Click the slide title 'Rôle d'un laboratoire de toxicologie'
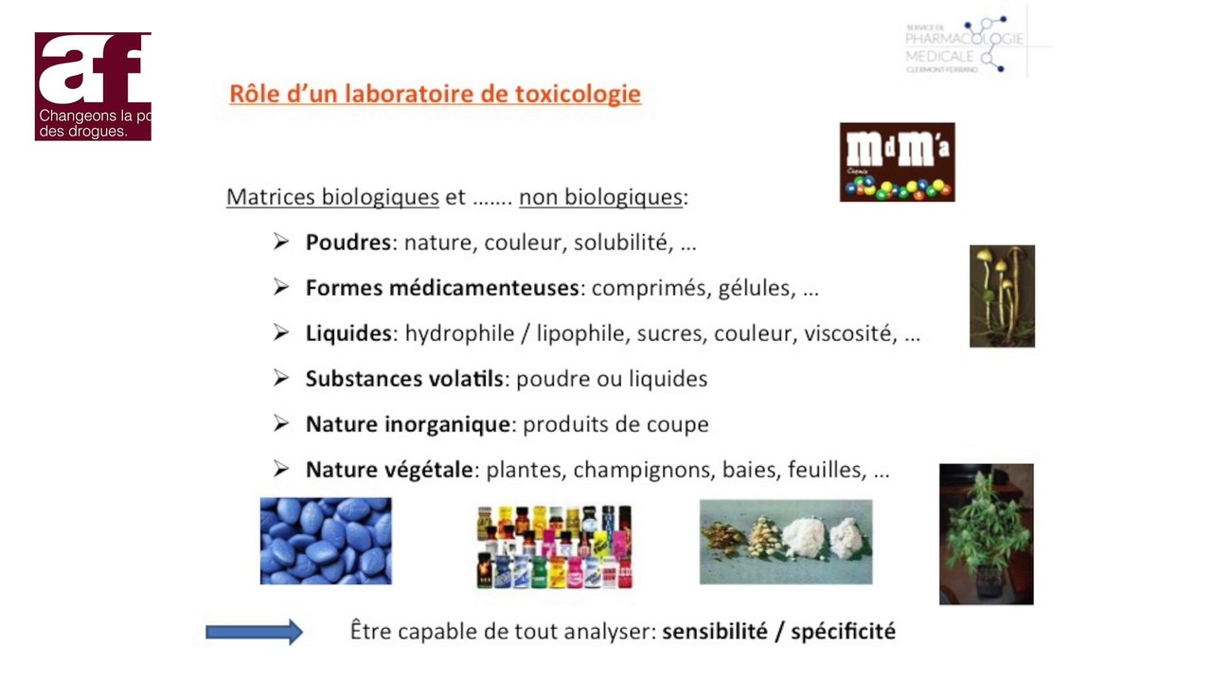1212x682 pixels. (x=435, y=95)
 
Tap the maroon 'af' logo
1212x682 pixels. (x=93, y=86)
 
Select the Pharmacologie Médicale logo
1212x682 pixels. (x=966, y=45)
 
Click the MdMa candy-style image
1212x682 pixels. (x=897, y=162)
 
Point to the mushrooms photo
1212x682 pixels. (x=1002, y=296)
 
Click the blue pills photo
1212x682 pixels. (x=326, y=541)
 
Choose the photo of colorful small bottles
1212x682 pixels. (x=555, y=547)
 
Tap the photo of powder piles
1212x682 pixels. (x=785, y=542)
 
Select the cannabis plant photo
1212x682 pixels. (x=986, y=534)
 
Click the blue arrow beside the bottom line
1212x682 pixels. (x=254, y=632)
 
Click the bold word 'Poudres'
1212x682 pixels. (x=348, y=242)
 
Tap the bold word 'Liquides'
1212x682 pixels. (x=348, y=333)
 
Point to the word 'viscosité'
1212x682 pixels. (x=849, y=333)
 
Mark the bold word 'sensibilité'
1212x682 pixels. (x=715, y=631)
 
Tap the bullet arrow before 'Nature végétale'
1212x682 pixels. (x=281, y=469)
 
